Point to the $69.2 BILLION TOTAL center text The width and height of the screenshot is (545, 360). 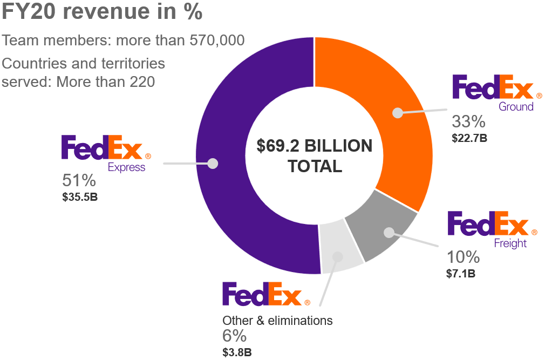point(315,156)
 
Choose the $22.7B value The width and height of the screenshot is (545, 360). point(469,138)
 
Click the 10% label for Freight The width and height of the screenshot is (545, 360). point(462,256)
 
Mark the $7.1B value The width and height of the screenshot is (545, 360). point(461,273)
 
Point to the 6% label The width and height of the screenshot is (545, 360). point(234,336)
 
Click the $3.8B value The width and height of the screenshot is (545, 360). point(237,352)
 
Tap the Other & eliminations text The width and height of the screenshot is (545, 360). point(277,321)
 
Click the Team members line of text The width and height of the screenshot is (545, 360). point(124,40)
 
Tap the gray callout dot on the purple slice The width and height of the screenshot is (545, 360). point(213,163)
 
